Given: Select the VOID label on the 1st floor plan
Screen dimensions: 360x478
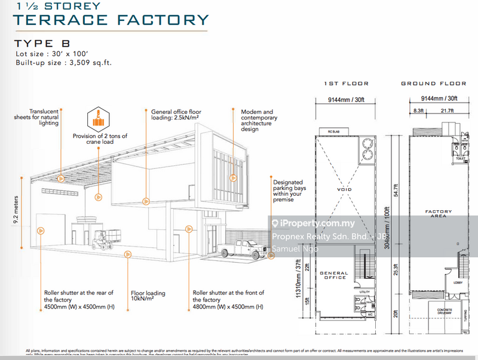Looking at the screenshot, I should pos(344,190).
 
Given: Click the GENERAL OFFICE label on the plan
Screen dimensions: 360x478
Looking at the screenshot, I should pos(334,275).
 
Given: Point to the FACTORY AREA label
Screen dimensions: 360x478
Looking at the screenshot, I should pos(439,214).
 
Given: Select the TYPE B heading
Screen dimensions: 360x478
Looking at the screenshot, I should pos(42,44).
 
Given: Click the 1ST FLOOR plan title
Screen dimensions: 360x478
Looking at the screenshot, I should pos(346,84).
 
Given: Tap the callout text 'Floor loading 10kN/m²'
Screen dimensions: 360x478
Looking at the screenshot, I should pos(148,296).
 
